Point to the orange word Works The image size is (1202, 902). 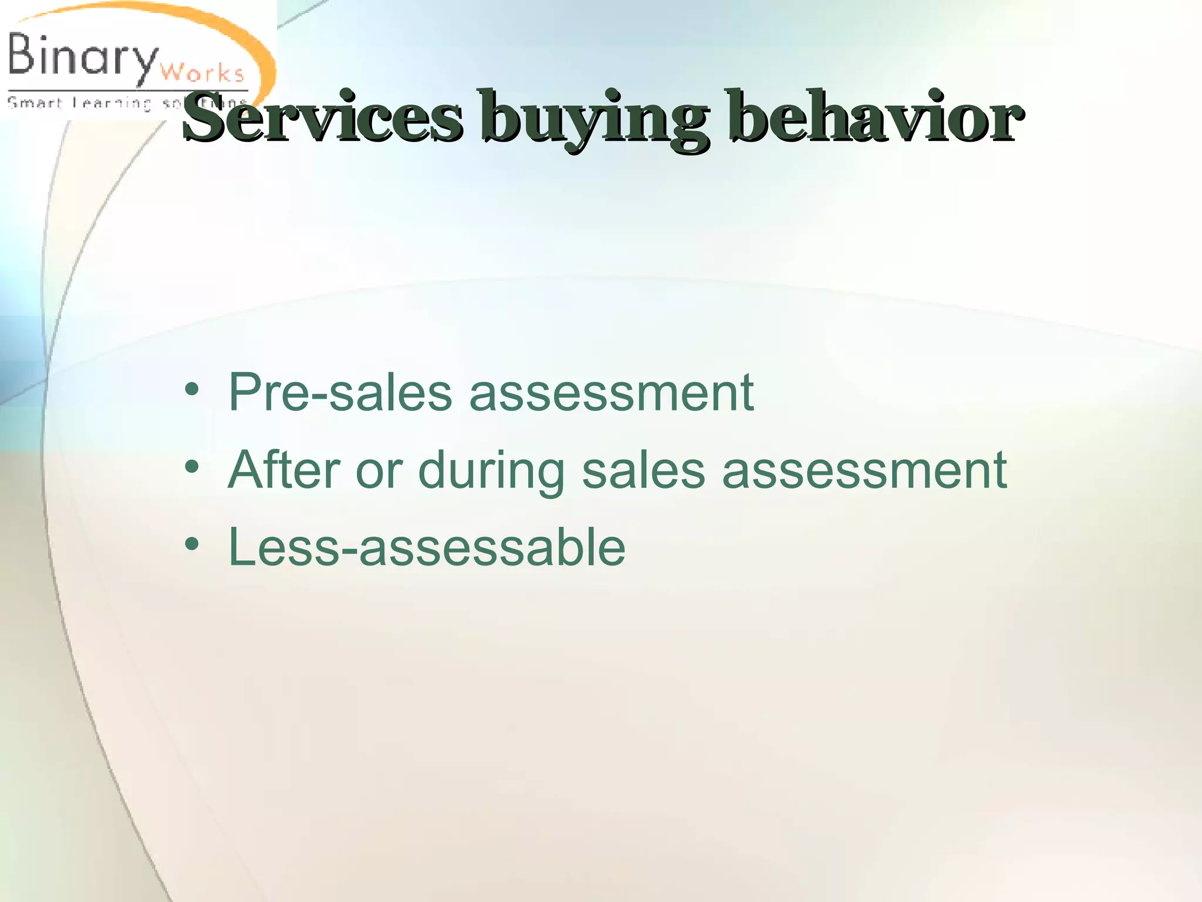(x=201, y=73)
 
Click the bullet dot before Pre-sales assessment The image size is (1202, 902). (x=191, y=390)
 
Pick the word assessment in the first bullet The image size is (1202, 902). (x=610, y=392)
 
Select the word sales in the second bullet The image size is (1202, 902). (x=643, y=470)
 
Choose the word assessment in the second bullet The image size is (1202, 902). (x=864, y=470)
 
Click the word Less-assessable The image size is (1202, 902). (x=427, y=547)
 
